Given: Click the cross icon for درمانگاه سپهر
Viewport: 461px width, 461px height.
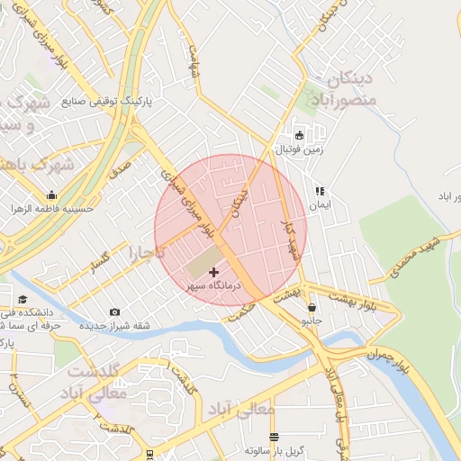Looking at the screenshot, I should (213, 272).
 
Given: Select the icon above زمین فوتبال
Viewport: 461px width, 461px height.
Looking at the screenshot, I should (299, 135).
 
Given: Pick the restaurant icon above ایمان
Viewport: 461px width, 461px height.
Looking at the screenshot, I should (318, 192).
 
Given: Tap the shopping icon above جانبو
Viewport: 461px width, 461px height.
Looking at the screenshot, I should (312, 307).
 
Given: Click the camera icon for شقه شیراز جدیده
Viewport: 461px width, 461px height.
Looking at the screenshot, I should (114, 312).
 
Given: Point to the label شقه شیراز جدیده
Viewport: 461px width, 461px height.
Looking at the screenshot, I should (115, 325).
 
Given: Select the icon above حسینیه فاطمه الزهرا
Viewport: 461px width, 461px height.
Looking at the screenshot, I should (51, 194).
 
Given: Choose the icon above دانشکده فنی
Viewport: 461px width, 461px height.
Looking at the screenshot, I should (22, 300).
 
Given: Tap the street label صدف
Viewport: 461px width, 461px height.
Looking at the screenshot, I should (122, 168).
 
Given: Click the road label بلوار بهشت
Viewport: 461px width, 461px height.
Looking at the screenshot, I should (353, 299).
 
